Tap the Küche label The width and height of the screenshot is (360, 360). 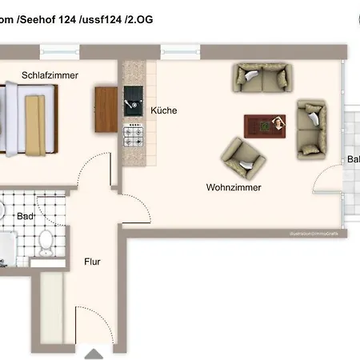coord(163,110)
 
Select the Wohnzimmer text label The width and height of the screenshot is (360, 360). coord(233,187)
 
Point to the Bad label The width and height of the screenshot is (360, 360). coord(26,216)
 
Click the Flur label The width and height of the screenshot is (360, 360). coord(94,261)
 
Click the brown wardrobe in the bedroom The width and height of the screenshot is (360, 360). coord(106,109)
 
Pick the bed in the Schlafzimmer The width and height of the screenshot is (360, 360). coord(28,118)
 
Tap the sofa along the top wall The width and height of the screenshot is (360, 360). coord(263,78)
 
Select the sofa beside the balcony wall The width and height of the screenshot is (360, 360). coord(311,128)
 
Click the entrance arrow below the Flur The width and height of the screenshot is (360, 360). coord(94,353)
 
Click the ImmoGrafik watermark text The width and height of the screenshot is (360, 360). coord(314,234)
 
